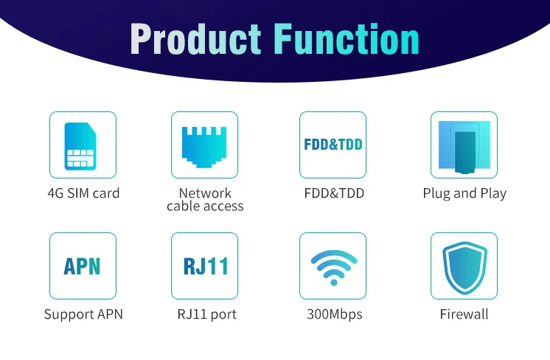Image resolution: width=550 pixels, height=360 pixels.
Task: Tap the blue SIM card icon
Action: pos(83,145)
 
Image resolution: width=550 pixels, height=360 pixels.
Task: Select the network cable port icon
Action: pos(204,145)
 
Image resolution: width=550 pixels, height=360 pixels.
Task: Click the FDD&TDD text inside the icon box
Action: pos(333,145)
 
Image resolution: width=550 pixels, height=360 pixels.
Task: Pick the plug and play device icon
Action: pos(464,145)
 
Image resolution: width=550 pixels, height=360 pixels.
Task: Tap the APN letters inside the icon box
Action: pos(83,266)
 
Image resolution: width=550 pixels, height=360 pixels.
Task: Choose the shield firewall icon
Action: pos(464,266)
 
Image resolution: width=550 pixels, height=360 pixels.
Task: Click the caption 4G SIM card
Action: pos(83,193)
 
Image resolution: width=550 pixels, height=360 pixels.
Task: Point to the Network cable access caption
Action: pos(205,200)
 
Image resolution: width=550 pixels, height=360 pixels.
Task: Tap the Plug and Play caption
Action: pos(464,193)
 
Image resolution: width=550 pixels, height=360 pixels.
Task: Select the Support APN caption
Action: pos(83,314)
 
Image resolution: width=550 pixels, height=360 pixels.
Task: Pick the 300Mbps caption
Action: pos(334,314)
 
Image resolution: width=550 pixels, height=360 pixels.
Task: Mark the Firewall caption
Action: pos(464,314)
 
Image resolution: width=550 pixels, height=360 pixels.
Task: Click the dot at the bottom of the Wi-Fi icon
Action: pos(333,281)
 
